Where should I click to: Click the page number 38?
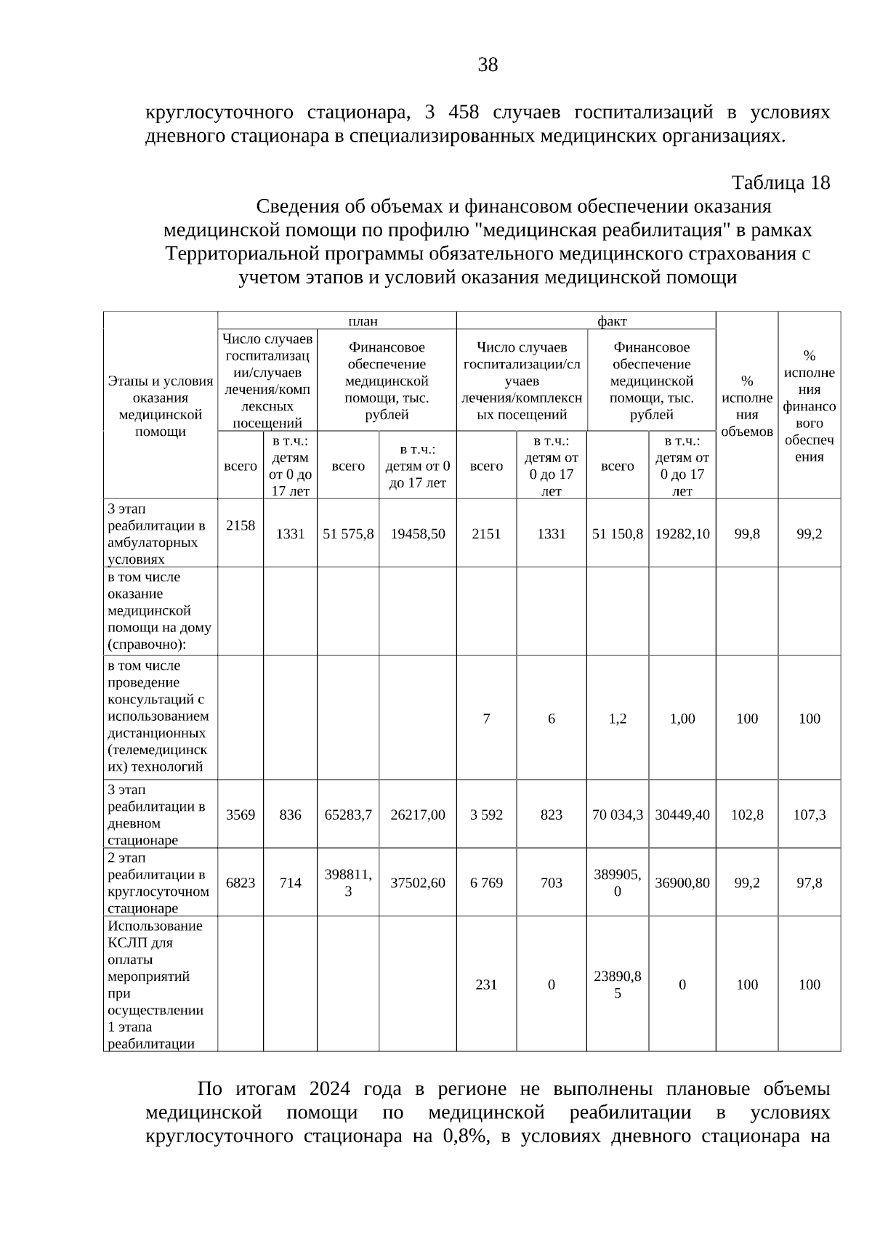pyautogui.click(x=488, y=65)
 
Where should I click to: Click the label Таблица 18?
pyautogui.click(x=780, y=182)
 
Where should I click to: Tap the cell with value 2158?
pyautogui.click(x=241, y=525)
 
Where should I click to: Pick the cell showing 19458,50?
pyautogui.click(x=418, y=534)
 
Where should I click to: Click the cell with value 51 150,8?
pyautogui.click(x=618, y=534)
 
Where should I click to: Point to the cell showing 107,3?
pyautogui.click(x=810, y=814)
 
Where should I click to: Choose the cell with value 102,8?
pyautogui.click(x=747, y=814)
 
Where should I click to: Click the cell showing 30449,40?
pyautogui.click(x=682, y=814)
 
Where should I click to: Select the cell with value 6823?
pyautogui.click(x=241, y=883)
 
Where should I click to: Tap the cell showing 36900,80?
pyautogui.click(x=682, y=883)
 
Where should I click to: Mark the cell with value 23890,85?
pyautogui.click(x=618, y=985)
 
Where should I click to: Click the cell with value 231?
pyautogui.click(x=486, y=985)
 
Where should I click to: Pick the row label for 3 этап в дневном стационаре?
pyautogui.click(x=156, y=814)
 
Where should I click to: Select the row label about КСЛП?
pyautogui.click(x=156, y=985)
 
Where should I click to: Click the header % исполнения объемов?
pyautogui.click(x=747, y=406)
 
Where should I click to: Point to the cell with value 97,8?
pyautogui.click(x=810, y=883)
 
